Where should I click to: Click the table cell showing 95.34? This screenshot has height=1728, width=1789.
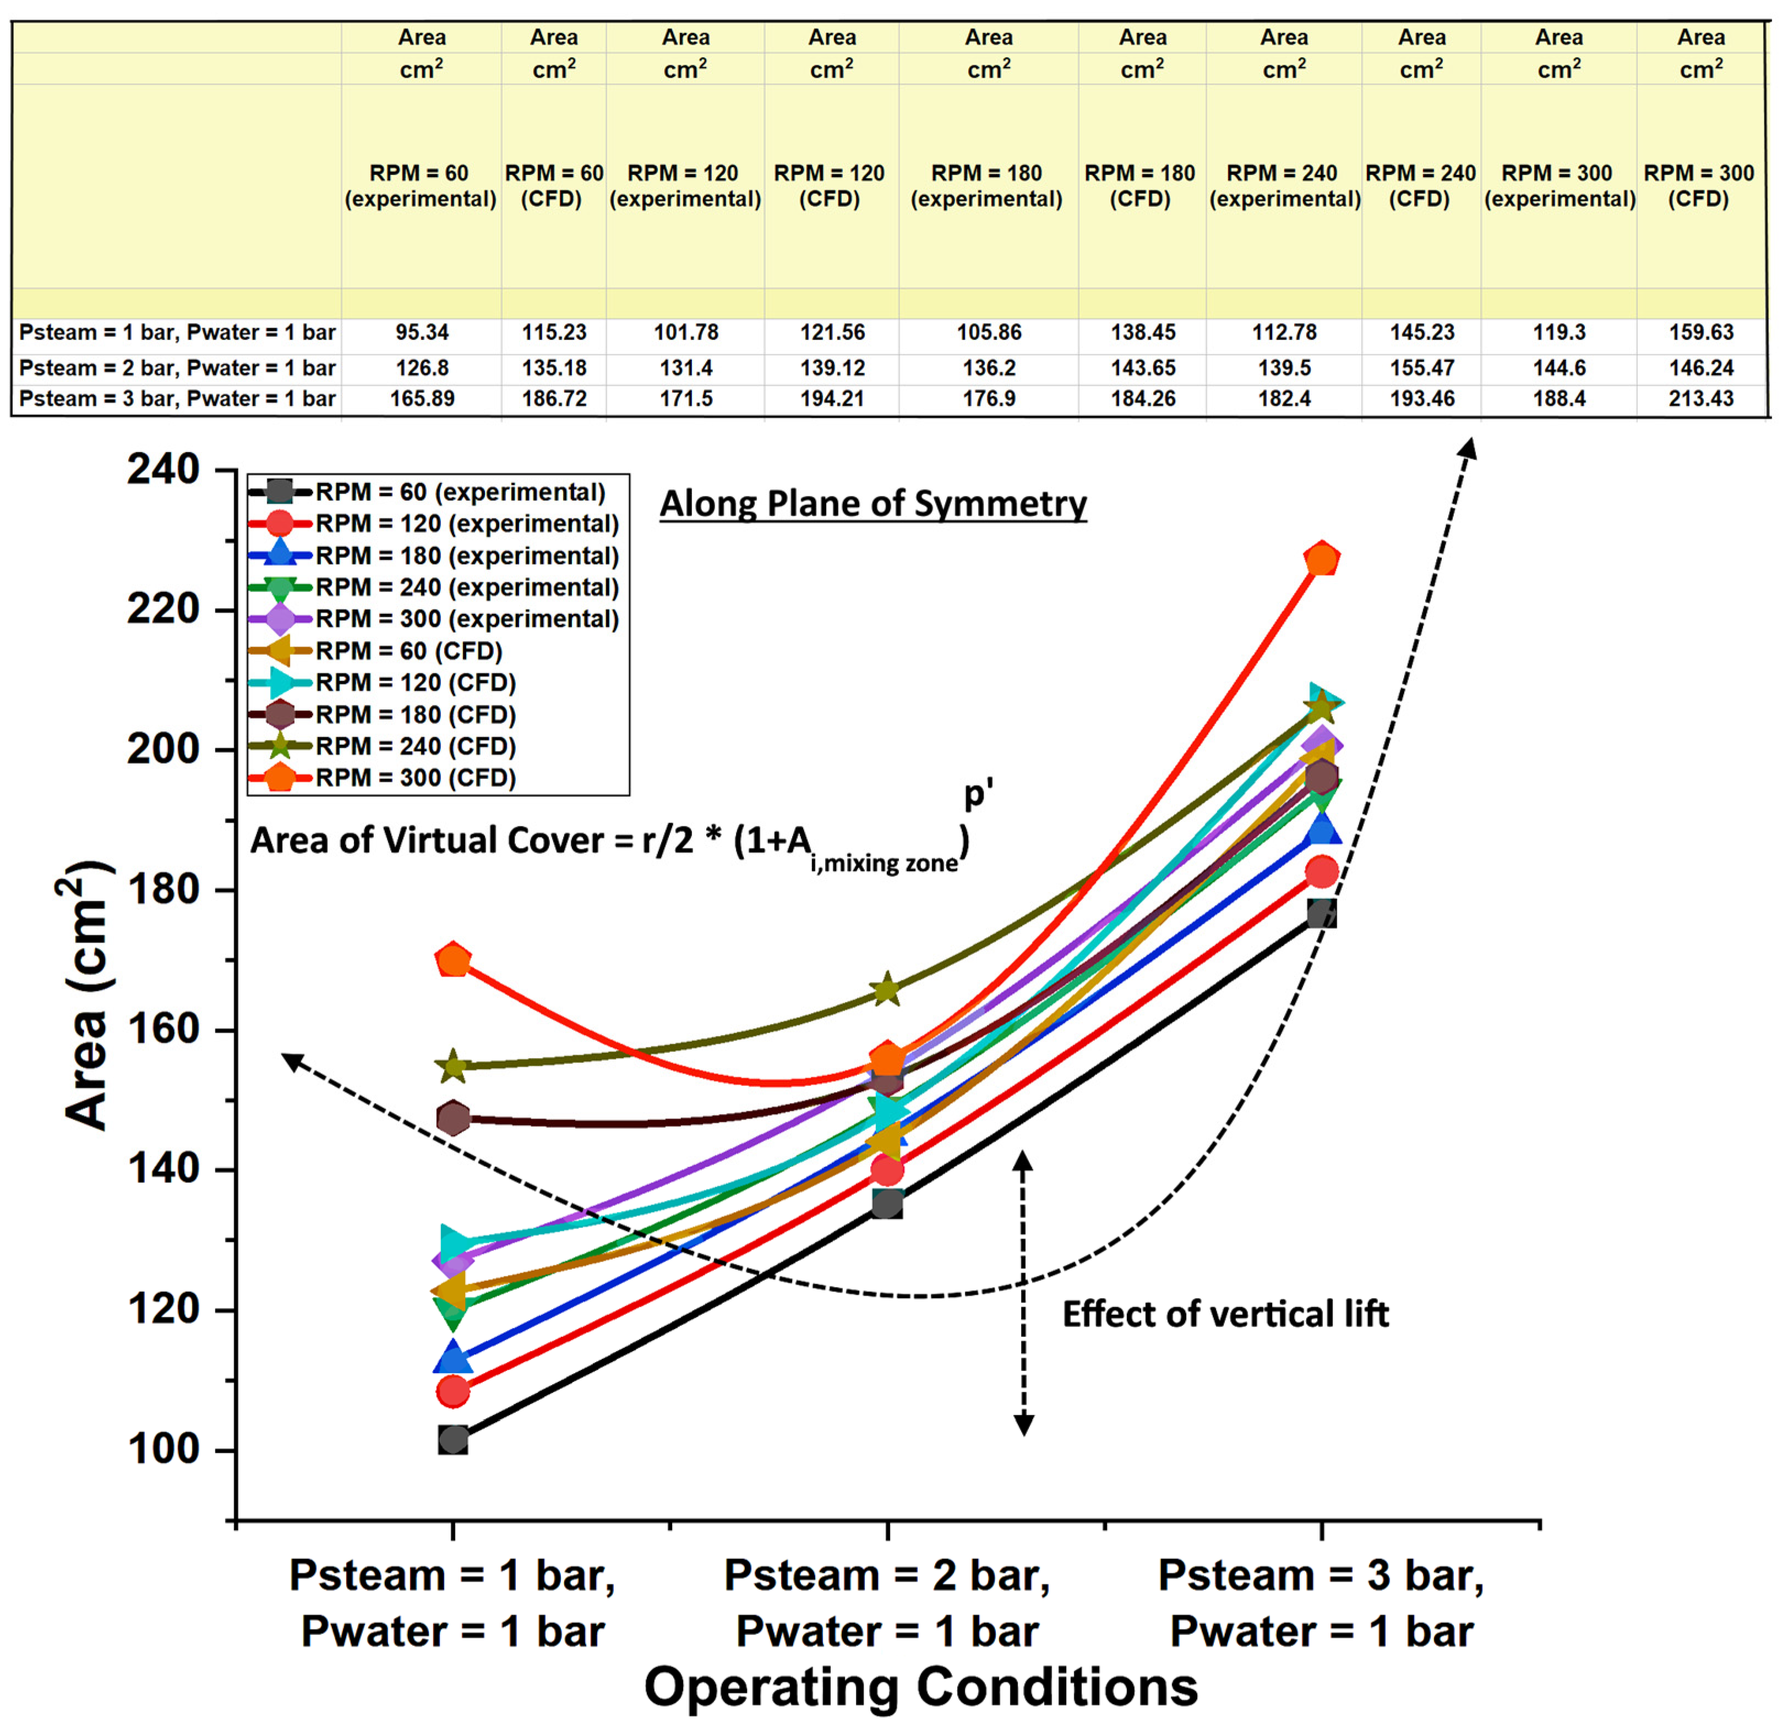pyautogui.click(x=422, y=332)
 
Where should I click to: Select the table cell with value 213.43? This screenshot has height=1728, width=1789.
pyautogui.click(x=1700, y=399)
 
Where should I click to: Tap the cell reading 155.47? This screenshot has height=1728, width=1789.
pyautogui.click(x=1421, y=367)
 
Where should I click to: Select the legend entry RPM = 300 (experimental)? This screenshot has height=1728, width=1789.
pyautogui.click(x=466, y=618)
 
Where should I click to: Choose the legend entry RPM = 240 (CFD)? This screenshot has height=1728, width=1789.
pyautogui.click(x=415, y=747)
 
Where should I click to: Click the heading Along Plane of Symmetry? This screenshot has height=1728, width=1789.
pyautogui.click(x=872, y=503)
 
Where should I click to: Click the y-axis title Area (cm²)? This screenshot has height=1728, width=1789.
pyautogui.click(x=87, y=995)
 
